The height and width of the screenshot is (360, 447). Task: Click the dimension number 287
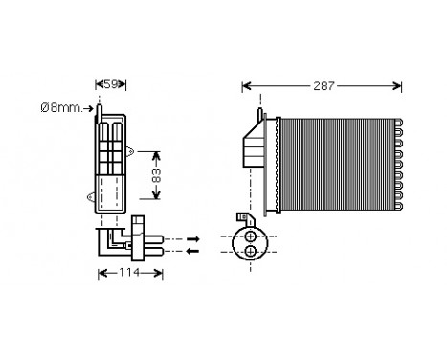point(324,86)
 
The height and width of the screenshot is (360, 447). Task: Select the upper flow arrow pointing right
point(192,237)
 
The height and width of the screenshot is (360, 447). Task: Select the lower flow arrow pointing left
point(192,251)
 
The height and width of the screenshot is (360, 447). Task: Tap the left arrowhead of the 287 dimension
point(246,86)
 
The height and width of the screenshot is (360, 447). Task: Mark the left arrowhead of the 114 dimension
point(101,273)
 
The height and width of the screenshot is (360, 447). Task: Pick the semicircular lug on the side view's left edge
point(91,200)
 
